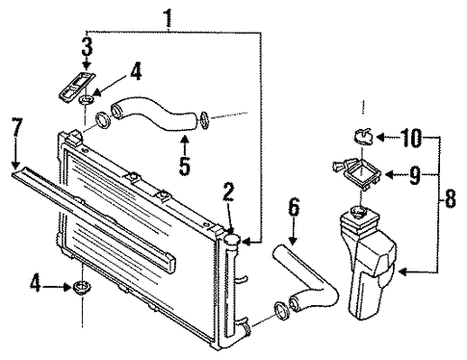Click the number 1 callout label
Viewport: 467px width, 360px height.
169,16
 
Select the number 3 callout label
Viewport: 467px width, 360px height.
86,46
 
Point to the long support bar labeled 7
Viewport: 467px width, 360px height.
91,218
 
